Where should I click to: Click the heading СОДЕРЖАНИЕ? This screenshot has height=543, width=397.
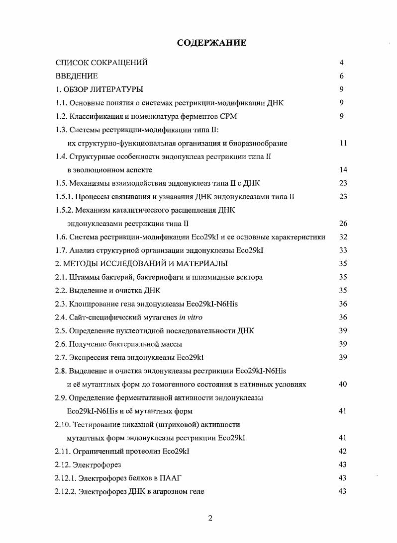pos(211,43)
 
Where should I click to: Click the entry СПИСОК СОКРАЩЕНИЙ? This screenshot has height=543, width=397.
pos(101,63)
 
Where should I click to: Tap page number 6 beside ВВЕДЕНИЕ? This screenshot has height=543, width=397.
pos(342,76)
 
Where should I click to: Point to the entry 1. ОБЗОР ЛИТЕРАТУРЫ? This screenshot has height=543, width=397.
pos(99,89)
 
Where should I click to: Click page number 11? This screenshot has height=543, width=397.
pos(343,143)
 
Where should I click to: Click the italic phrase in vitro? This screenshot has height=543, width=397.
pos(192,317)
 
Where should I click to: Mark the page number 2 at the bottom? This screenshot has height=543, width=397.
pos(210,519)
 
